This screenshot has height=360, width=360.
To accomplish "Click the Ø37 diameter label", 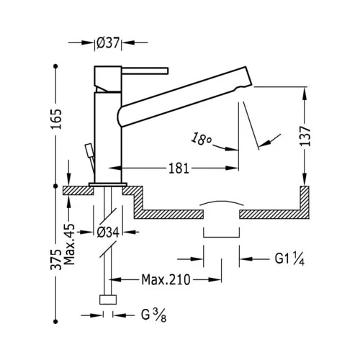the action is [108, 43].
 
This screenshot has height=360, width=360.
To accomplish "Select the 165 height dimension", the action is [56, 120].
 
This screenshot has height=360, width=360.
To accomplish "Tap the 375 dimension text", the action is [56, 260].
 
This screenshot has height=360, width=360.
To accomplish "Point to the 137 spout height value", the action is [305, 135].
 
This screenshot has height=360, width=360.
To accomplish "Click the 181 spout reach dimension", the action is [179, 168].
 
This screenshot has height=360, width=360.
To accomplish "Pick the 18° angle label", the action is [201, 139].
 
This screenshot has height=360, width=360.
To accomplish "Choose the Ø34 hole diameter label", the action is [108, 233].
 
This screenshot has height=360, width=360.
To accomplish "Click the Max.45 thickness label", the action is [70, 244].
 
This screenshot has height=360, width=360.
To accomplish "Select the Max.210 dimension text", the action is [166, 279].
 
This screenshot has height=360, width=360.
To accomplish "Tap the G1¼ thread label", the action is [289, 259].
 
